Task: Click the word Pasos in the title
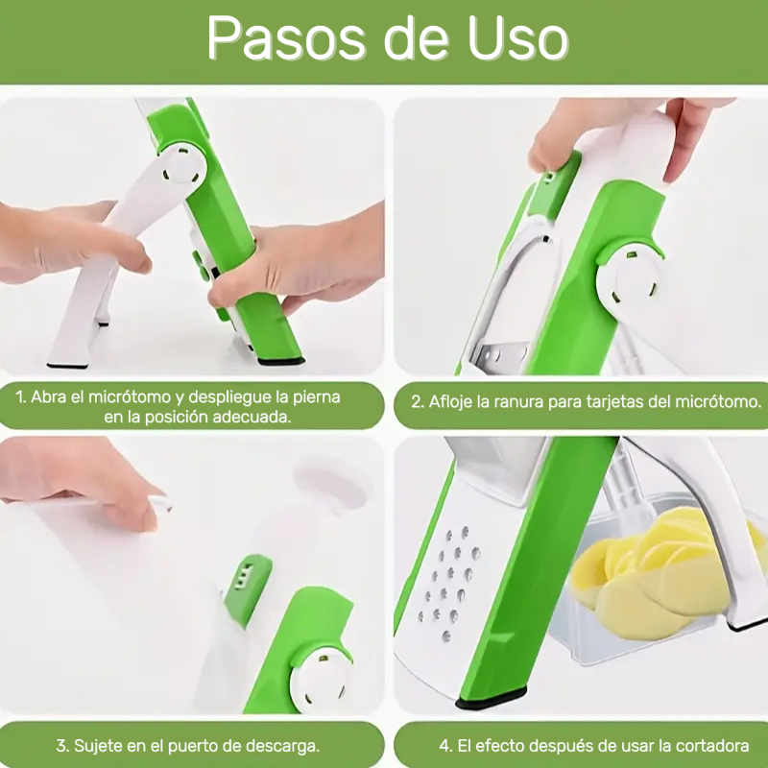pyautogui.click(x=286, y=38)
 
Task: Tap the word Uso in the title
pyautogui.click(x=517, y=38)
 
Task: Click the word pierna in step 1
pyautogui.click(x=317, y=397)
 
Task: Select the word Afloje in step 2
pyautogui.click(x=451, y=401)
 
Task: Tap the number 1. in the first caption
pyautogui.click(x=20, y=397)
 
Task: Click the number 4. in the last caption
pyautogui.click(x=445, y=746)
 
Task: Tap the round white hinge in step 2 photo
pyautogui.click(x=630, y=279)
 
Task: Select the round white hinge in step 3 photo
pyautogui.click(x=321, y=682)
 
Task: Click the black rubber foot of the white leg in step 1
pyautogui.click(x=67, y=366)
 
